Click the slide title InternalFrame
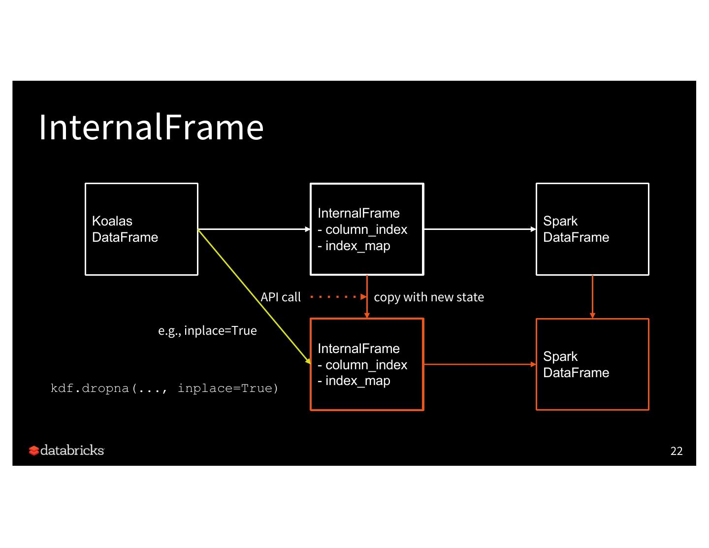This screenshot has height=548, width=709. point(151,127)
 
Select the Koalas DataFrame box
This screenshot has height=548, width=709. point(141,229)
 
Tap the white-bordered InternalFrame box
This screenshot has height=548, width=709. point(367,229)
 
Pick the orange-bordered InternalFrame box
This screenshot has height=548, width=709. point(367,364)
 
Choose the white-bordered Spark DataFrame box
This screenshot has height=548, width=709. point(592,229)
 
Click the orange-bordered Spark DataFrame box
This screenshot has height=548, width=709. point(592,364)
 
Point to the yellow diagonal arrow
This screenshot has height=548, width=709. point(254,296)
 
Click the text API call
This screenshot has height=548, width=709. point(281,297)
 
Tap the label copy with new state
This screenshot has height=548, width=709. point(429,297)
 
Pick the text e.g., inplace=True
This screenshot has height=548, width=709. point(207,330)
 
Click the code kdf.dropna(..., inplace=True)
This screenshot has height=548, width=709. point(164,388)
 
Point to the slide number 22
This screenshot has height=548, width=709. point(677,451)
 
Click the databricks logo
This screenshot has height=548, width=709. point(66,451)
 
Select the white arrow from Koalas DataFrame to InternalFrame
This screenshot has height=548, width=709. point(254,229)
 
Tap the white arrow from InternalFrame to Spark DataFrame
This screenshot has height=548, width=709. point(480,229)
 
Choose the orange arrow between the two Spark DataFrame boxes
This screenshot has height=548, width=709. point(592,296)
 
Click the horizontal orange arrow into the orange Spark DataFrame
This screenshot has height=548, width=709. point(480,364)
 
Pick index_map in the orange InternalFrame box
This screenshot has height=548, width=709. point(357,381)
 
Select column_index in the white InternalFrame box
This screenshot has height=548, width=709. point(366,229)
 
